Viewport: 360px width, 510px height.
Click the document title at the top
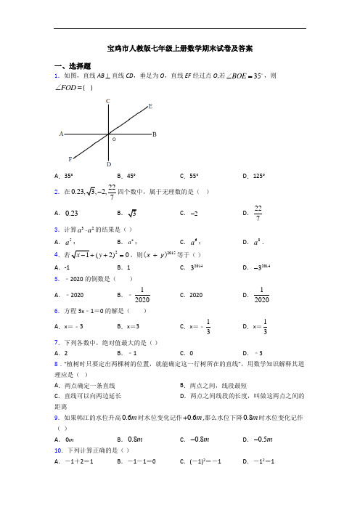pyautogui.click(x=180, y=49)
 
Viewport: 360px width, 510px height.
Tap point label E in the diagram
pyautogui.click(x=150, y=106)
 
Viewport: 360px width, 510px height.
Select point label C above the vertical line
pyautogui.click(x=108, y=101)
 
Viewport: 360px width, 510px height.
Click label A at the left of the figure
pyautogui.click(x=61, y=134)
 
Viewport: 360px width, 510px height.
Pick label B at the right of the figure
pyautogui.click(x=155, y=134)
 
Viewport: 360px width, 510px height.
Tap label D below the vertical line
pyautogui.click(x=108, y=165)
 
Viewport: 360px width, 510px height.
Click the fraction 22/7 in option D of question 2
pyautogui.click(x=259, y=214)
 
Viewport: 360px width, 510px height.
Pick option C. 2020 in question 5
pyautogui.click(x=192, y=296)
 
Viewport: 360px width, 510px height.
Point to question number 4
pyautogui.click(x=57, y=255)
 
